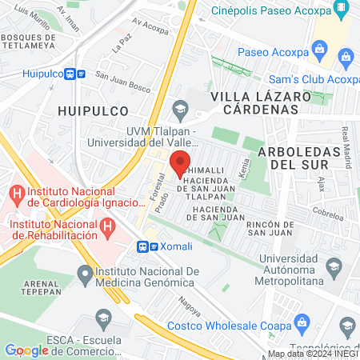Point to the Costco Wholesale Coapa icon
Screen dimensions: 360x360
click(302, 324)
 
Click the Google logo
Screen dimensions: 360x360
click(26, 350)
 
